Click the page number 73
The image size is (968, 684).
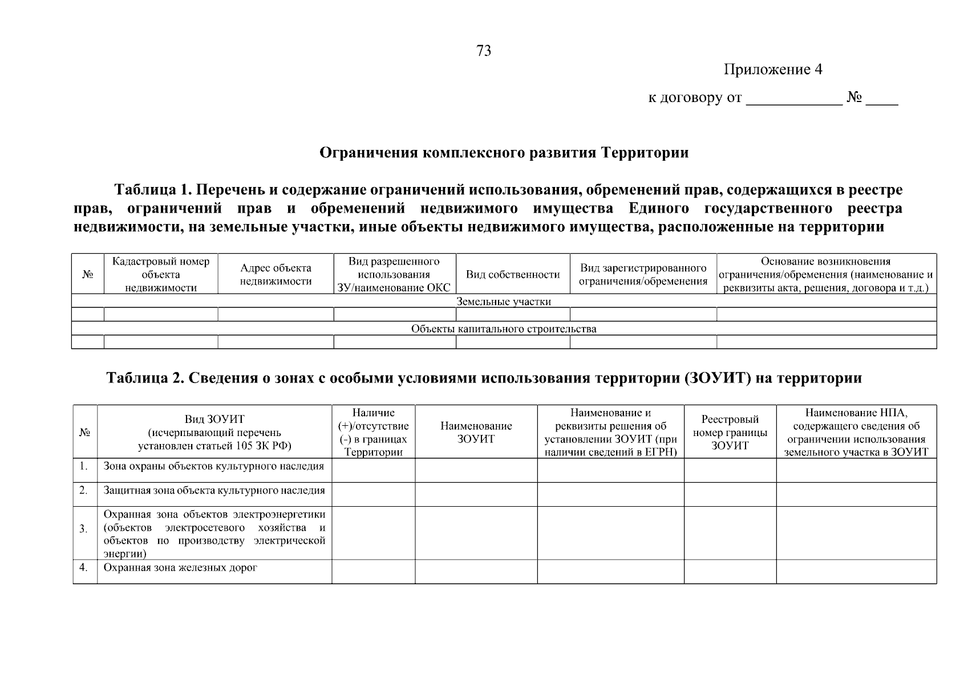(483, 51)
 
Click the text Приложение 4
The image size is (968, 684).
(773, 70)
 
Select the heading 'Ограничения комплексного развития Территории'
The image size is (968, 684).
(504, 153)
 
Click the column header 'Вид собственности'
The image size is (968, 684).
(512, 275)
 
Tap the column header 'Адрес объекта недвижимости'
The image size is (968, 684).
(276, 275)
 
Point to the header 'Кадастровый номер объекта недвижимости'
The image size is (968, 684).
(161, 275)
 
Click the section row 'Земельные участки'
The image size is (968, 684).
(504, 302)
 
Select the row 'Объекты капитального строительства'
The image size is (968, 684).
(504, 329)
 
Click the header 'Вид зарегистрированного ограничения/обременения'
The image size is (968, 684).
(643, 275)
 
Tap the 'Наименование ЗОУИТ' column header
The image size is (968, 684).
(476, 432)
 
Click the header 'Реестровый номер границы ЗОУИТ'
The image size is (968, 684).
(730, 432)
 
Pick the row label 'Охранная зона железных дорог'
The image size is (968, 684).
(180, 568)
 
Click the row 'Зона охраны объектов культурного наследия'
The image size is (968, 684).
(213, 466)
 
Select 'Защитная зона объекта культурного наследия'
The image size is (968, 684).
(214, 490)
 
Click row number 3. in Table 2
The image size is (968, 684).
(84, 529)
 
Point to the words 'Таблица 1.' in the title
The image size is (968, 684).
(152, 189)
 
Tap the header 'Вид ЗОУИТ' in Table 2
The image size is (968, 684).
(214, 420)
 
